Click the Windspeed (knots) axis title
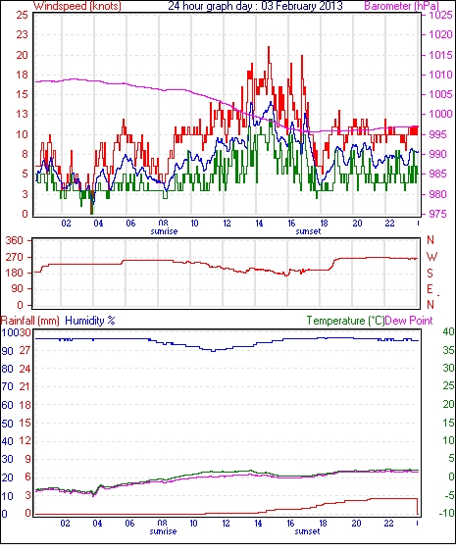77,6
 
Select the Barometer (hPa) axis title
401,6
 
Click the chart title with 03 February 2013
255,6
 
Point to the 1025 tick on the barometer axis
440,15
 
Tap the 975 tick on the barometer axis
440,214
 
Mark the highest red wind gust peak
269,47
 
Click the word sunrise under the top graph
164,231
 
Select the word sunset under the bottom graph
307,531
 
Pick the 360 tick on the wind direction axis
14,241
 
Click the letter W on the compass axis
431,257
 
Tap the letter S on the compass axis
430,274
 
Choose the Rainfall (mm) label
30,321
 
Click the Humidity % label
90,321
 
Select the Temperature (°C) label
345,321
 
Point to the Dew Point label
409,321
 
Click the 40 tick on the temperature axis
448,331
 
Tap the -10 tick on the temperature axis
447,514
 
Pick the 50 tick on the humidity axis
7,424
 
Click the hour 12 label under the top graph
227,224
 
